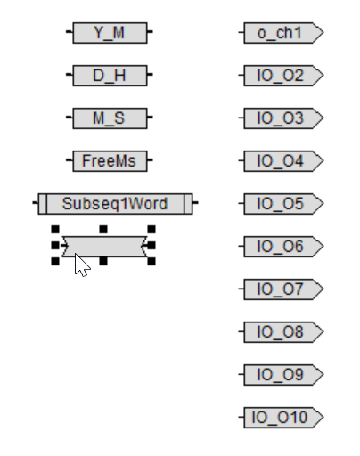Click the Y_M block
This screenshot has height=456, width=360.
point(110,33)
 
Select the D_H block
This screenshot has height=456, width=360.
point(110,76)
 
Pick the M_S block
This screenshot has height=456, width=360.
point(110,118)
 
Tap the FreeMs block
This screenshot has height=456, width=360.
point(110,161)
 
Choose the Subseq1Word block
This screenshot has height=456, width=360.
point(115,204)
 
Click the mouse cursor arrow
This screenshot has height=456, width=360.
point(81,265)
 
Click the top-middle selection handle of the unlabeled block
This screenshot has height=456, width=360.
point(103,229)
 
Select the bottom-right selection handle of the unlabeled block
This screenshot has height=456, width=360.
point(151,261)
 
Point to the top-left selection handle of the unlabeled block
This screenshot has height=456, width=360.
point(55,229)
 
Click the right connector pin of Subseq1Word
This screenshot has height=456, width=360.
point(195,203)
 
